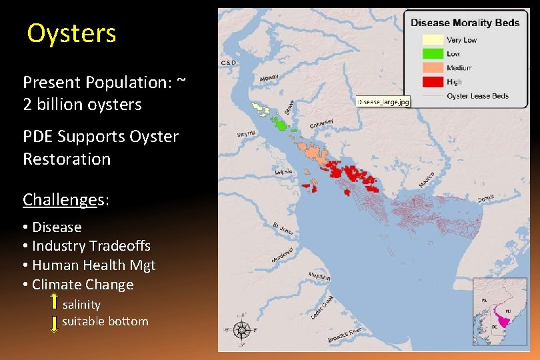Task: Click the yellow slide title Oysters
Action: [71, 33]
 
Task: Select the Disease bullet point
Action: [56, 227]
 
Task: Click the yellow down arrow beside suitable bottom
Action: [54, 323]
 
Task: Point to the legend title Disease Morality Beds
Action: [465, 23]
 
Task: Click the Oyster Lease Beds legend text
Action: [477, 96]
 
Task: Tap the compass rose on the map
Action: [242, 329]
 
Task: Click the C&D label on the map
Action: [228, 63]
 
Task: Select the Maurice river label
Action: [427, 179]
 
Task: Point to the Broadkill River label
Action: [344, 335]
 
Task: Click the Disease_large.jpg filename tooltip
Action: [383, 102]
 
